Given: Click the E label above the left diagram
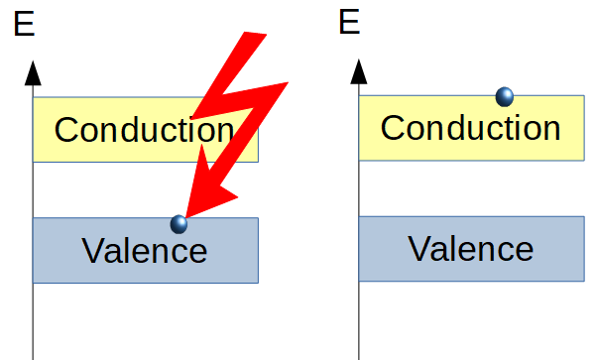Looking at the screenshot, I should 24,25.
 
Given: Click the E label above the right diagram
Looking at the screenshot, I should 349,21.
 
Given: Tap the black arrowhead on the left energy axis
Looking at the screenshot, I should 33,71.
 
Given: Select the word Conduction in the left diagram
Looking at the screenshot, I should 144,130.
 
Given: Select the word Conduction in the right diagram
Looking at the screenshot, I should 470,128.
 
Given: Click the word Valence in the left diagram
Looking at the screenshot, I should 145,250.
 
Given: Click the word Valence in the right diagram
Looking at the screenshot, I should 470,248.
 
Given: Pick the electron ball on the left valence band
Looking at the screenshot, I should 179,223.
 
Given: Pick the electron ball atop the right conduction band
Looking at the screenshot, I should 505,96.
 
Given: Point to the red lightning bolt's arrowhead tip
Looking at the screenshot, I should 186,215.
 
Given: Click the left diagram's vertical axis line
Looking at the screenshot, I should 33,317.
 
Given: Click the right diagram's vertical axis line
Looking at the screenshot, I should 358,317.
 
